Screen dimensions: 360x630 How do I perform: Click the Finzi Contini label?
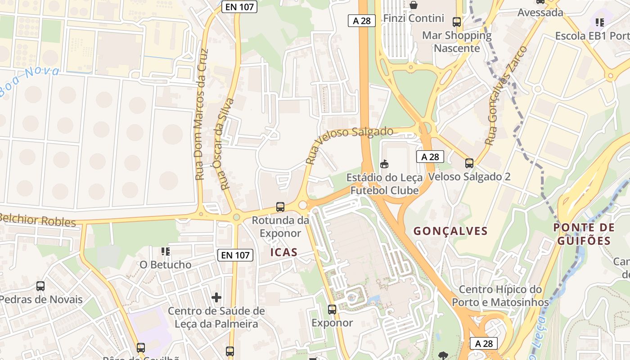tap(414, 19)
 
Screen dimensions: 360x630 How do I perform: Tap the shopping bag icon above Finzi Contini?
tap(414, 5)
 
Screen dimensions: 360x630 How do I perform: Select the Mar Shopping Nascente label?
tap(457, 41)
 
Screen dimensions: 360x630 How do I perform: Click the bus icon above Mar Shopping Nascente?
tap(457, 22)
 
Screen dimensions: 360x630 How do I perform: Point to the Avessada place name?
tap(540, 12)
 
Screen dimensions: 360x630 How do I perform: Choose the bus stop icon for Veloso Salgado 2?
tap(469, 163)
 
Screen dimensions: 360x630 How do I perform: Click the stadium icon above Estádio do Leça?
tap(384, 164)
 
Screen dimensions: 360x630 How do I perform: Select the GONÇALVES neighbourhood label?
tap(450, 231)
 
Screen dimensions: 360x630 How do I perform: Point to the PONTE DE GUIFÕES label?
tap(584, 234)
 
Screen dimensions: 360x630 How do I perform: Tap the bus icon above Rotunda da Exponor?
tap(280, 207)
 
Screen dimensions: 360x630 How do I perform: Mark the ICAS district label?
tap(284, 252)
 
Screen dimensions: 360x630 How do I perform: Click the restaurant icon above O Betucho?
tap(165, 251)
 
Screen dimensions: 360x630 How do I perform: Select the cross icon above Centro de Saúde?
tap(216, 297)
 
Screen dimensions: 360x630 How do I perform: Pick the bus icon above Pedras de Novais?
tap(40, 286)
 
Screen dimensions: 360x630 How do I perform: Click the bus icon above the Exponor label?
tap(332, 309)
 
